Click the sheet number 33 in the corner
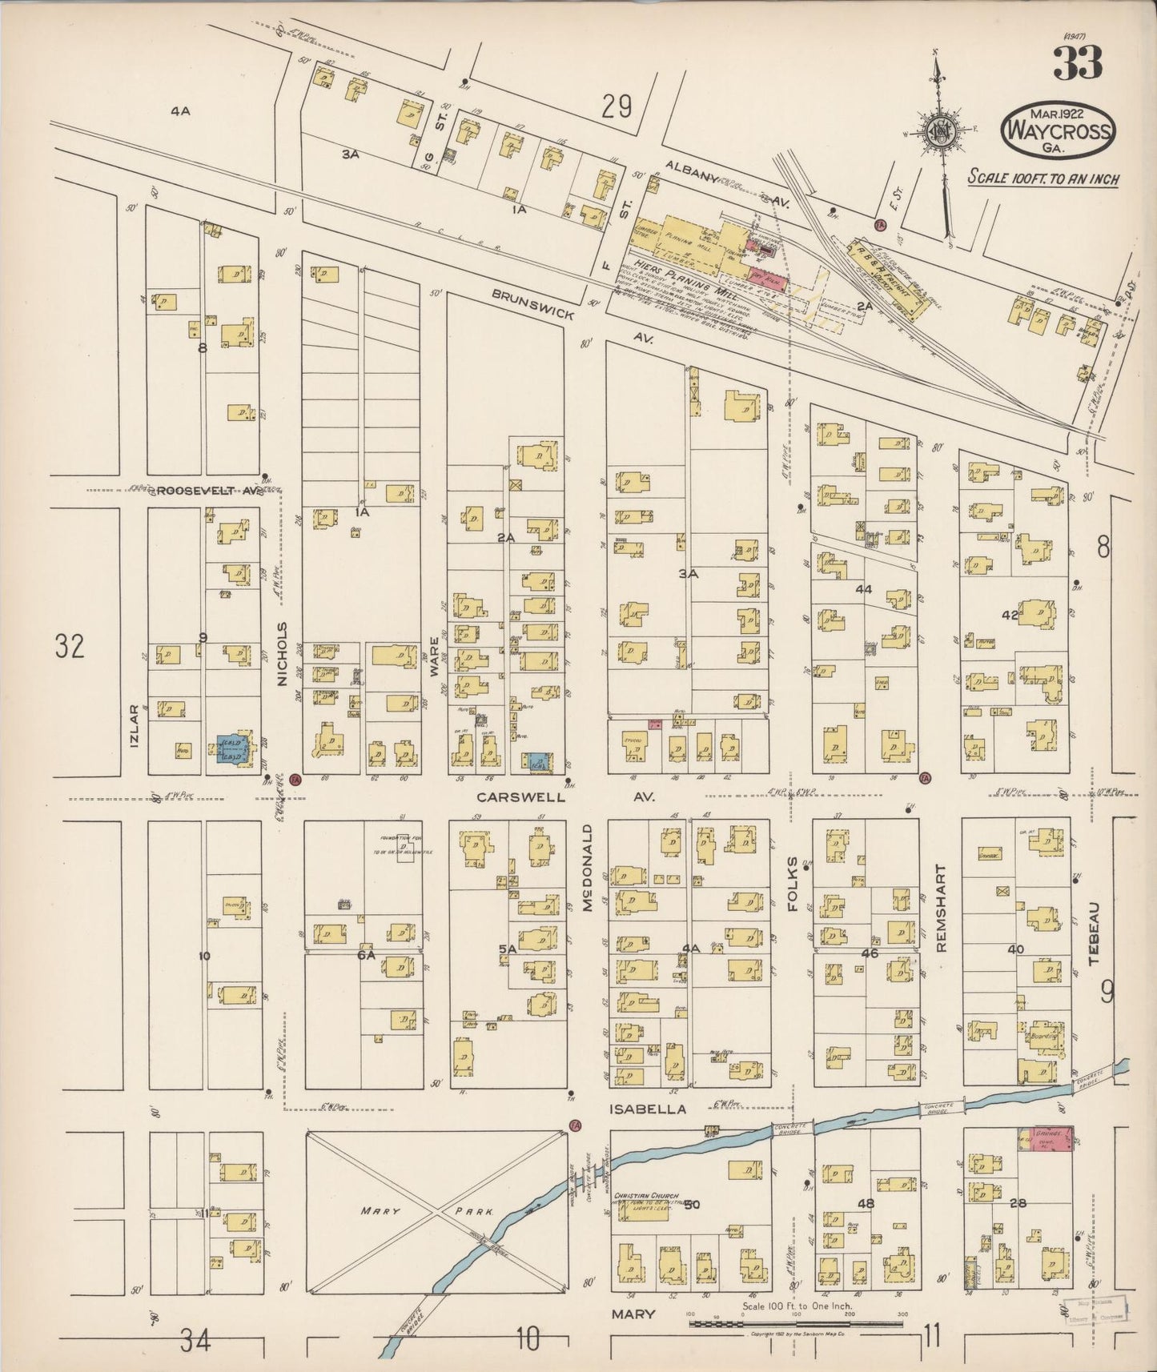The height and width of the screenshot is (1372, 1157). click(x=1077, y=63)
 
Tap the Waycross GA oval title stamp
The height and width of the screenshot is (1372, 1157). click(x=1059, y=130)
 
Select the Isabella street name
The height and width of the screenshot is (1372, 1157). click(x=648, y=1109)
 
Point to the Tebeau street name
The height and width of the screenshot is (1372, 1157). click(x=1095, y=933)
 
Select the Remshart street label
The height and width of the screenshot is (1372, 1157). click(x=941, y=908)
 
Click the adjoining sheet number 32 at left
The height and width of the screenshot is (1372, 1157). click(x=70, y=645)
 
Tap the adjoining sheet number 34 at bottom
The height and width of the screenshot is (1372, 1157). click(x=195, y=1340)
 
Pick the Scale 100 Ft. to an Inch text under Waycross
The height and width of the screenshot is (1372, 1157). click(x=1043, y=178)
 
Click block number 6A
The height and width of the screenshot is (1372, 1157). click(x=367, y=955)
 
